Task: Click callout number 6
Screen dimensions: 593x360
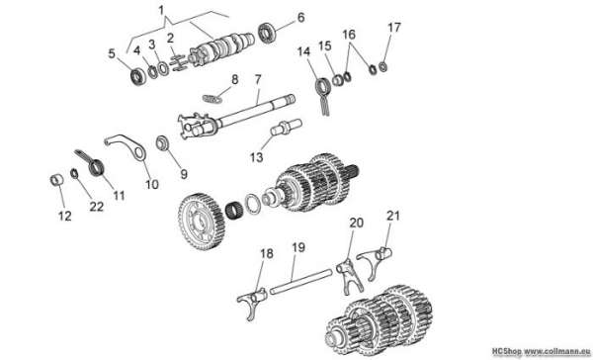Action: pyautogui.click(x=300, y=17)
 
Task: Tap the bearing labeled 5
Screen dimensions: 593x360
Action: pyautogui.click(x=138, y=76)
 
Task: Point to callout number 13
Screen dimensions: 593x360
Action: pyautogui.click(x=256, y=156)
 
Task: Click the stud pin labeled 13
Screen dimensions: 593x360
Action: pyautogui.click(x=286, y=127)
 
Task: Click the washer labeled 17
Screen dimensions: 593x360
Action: pyautogui.click(x=382, y=67)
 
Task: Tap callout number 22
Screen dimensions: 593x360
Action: pyautogui.click(x=97, y=207)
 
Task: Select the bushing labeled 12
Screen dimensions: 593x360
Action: pyautogui.click(x=56, y=180)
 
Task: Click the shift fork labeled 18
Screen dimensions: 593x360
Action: pyautogui.click(x=253, y=301)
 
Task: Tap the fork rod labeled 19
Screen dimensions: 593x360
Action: pyautogui.click(x=301, y=281)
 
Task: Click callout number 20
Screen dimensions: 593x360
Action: pyautogui.click(x=356, y=223)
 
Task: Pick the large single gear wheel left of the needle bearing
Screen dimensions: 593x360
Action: pyautogui.click(x=202, y=222)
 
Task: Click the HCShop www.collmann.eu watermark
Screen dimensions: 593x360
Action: pyautogui.click(x=542, y=351)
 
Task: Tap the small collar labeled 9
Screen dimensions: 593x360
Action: pyautogui.click(x=163, y=143)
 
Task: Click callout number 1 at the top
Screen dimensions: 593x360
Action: pyautogui.click(x=161, y=10)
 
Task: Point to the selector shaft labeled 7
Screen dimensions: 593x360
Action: pyautogui.click(x=235, y=117)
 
